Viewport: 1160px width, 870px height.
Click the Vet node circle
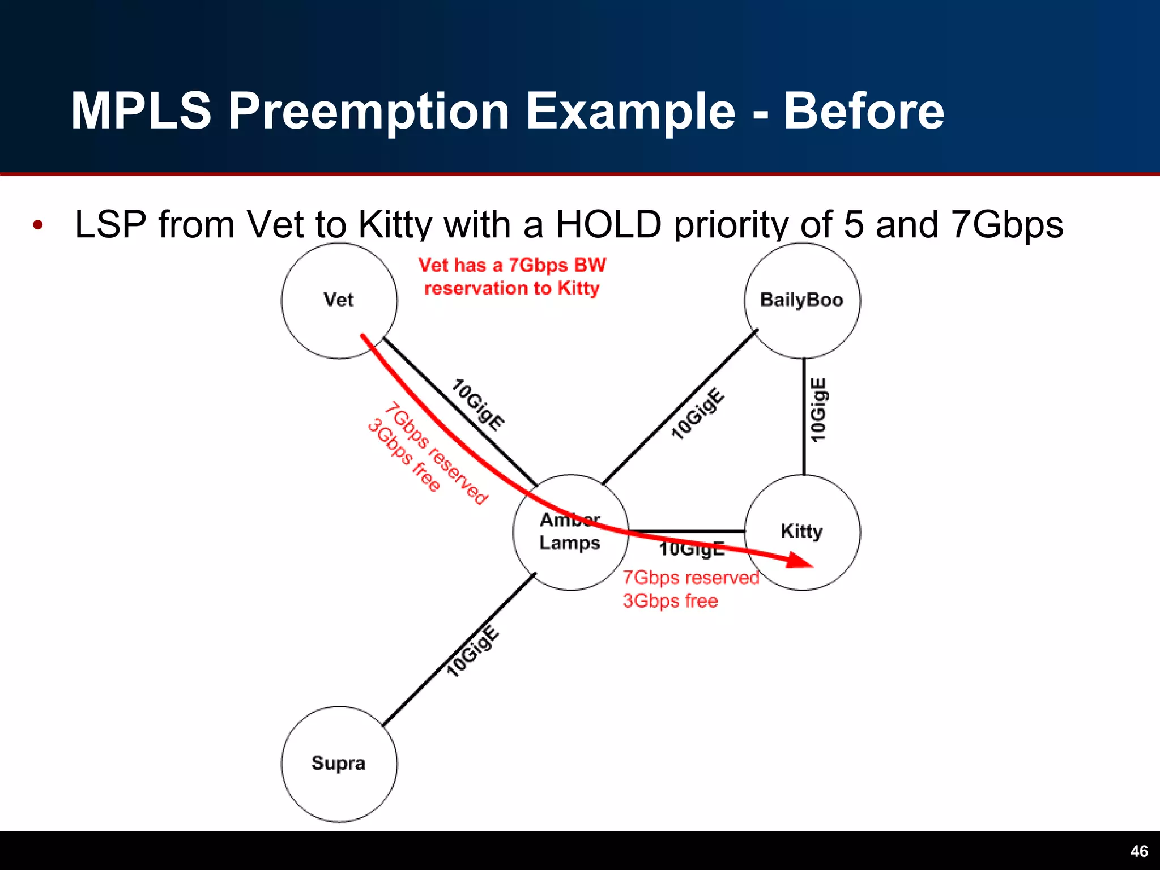339,301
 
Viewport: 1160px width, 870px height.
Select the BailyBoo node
802,301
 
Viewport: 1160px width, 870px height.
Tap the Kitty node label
801,531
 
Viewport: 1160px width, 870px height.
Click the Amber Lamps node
570,532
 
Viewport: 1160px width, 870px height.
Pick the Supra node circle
339,764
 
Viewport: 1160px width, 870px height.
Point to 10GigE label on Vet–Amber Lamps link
478,405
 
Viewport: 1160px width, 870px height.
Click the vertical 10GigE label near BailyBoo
818,410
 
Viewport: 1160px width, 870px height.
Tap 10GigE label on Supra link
473,651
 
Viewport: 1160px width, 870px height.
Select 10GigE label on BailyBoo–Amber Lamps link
697,413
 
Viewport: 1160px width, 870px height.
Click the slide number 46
1139,851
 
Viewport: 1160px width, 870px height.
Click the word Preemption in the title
368,111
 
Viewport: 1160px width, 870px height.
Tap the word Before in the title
863,111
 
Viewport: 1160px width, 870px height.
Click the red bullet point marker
38,225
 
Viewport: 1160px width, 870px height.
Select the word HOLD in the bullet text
608,224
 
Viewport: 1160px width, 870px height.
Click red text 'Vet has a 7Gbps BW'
512,265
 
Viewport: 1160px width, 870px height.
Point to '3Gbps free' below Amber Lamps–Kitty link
670,600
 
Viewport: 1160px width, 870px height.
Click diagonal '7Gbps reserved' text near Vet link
436,453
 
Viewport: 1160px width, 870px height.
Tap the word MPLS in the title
141,111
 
